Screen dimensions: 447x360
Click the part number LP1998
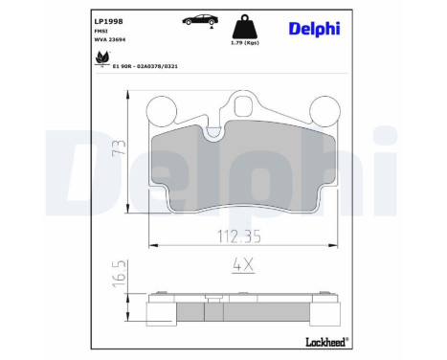coord(108,21)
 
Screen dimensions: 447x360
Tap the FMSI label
coord(101,32)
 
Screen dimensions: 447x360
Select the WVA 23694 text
coord(110,39)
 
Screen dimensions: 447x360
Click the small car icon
coord(201,20)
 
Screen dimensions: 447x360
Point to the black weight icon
coord(245,27)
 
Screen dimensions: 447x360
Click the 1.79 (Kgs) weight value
coord(245,43)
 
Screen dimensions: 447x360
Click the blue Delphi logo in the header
coord(314,29)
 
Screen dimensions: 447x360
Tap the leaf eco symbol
coord(102,58)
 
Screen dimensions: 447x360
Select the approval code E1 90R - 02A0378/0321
coord(145,66)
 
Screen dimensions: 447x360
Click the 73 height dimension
coord(119,147)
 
